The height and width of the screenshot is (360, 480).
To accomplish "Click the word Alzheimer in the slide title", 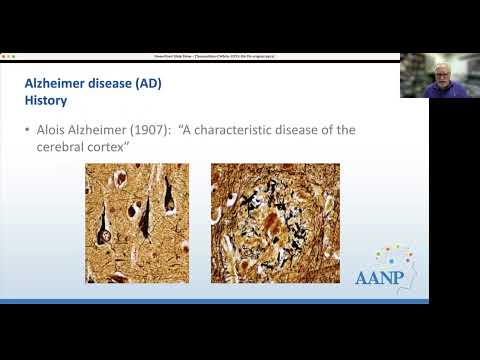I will tap(58, 84).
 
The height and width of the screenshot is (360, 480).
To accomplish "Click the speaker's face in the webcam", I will tap(440, 76).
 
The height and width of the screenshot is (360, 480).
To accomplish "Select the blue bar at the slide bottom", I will tap(215, 301).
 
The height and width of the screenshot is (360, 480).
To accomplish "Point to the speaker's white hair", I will tap(440, 65).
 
